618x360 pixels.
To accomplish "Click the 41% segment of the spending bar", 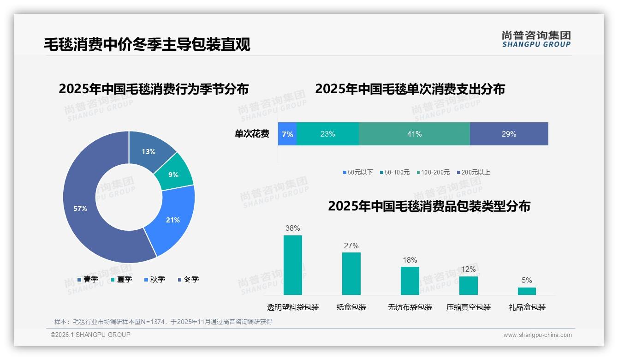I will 414,134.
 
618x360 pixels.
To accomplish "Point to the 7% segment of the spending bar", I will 287,134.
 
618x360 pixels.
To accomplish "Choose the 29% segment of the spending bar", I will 509,134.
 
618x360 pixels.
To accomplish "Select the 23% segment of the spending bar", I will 327,134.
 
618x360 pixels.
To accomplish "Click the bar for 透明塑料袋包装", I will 293,265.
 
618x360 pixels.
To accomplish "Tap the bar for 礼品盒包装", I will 527,291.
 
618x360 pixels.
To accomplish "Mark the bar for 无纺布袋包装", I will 410,281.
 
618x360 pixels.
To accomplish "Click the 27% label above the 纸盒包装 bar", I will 351,246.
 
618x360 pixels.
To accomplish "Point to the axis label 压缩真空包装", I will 469,307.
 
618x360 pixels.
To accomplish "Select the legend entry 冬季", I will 189,279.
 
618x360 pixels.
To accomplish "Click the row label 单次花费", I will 252,134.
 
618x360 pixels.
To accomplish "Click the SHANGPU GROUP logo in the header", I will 536,39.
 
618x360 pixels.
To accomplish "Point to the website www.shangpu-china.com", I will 537,335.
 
